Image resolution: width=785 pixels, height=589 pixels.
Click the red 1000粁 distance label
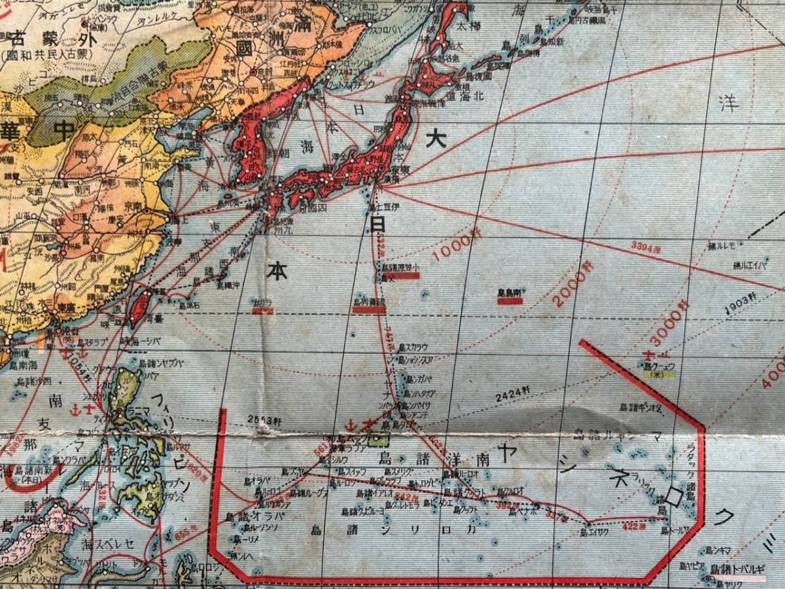(452, 247)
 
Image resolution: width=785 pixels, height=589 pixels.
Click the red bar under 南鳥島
(510, 301)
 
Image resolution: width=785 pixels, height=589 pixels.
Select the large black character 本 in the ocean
(277, 270)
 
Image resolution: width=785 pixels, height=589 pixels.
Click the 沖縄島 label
(228, 285)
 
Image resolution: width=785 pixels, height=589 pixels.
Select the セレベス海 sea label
(107, 543)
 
